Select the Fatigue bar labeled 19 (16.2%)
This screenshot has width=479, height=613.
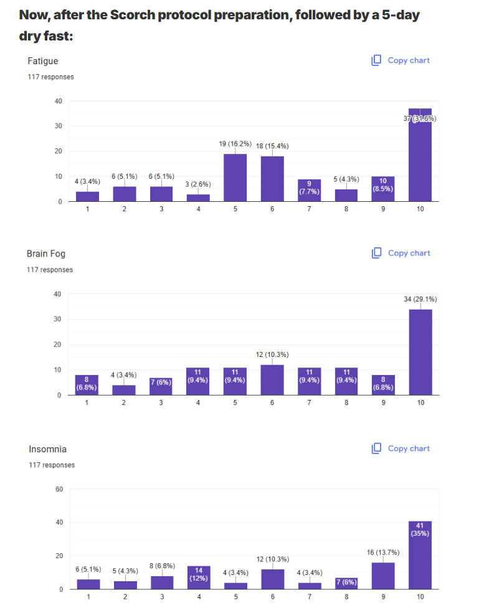pos(235,178)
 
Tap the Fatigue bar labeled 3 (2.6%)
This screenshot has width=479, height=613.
pos(198,197)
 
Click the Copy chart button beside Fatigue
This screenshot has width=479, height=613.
pos(401,60)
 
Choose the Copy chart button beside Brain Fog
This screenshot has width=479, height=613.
pos(401,253)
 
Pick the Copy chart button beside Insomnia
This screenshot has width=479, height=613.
pos(401,449)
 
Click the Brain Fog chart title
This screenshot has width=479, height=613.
pos(45,254)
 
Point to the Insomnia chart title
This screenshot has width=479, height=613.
pos(47,449)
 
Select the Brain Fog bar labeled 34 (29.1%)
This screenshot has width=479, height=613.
pos(420,352)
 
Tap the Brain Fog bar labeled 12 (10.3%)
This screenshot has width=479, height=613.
pos(272,379)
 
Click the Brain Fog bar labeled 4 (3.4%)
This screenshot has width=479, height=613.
pos(124,390)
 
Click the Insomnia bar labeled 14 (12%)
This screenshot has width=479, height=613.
pos(199,577)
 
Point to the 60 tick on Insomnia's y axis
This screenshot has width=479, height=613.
pos(59,489)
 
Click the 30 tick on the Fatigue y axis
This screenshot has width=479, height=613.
pos(58,126)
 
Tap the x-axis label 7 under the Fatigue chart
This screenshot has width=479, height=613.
pos(309,209)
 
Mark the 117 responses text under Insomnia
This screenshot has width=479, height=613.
pos(52,465)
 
